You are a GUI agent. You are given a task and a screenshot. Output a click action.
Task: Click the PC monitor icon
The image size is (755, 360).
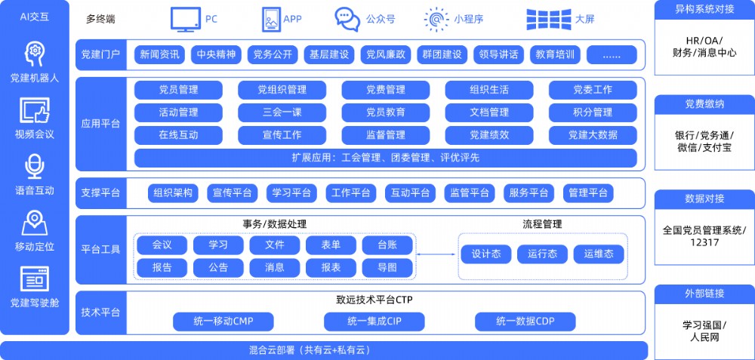(x=186, y=20)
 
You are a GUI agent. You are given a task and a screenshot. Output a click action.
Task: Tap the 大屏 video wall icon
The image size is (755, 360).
(x=548, y=20)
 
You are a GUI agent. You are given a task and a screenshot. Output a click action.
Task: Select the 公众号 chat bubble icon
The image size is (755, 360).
(x=347, y=20)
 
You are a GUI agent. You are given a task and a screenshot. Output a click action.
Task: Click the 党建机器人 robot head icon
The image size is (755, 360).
(x=34, y=54)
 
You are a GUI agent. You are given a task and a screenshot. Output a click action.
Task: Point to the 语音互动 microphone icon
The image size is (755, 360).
(x=34, y=167)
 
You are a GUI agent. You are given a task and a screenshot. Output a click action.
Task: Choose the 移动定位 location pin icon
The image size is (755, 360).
(x=34, y=223)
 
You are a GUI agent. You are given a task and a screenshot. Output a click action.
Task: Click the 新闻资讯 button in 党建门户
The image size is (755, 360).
(x=160, y=55)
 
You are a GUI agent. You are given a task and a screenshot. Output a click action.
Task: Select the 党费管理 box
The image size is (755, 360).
(x=386, y=90)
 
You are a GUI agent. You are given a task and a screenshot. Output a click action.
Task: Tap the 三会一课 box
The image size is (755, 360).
(x=282, y=112)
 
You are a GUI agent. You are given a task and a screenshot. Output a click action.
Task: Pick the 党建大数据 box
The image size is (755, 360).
(x=593, y=135)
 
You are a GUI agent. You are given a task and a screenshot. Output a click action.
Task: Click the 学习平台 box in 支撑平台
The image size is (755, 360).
(x=291, y=193)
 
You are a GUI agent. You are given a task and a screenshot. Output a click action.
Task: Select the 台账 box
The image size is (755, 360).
(x=387, y=245)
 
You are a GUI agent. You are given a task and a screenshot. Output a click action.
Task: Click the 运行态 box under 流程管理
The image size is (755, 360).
(x=542, y=254)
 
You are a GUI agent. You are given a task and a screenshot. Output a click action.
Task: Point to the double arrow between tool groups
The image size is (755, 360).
(x=436, y=254)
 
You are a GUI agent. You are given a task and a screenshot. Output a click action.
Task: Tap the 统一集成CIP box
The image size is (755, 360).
(x=374, y=322)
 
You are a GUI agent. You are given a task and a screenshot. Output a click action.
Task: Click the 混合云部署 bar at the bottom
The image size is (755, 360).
(x=324, y=350)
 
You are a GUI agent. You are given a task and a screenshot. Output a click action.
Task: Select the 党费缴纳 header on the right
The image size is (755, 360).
(x=704, y=104)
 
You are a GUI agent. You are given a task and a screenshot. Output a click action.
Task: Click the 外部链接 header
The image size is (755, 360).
(x=704, y=294)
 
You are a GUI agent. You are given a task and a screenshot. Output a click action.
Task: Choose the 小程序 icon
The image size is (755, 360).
(x=436, y=20)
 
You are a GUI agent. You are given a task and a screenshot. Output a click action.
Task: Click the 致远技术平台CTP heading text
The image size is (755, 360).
(x=374, y=300)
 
